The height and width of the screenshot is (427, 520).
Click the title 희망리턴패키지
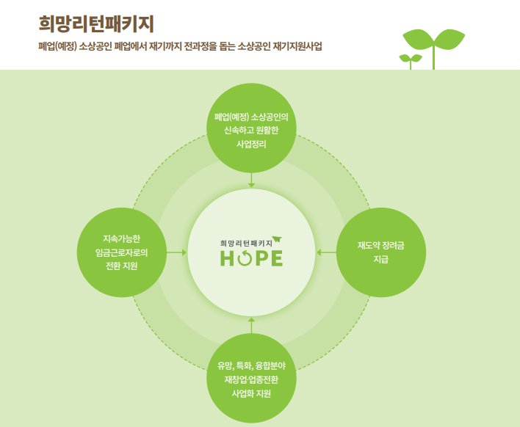point(95,23)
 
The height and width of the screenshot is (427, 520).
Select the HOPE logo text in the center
point(250,258)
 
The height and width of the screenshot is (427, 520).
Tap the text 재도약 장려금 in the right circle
point(380,245)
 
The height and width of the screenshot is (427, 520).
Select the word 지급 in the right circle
point(380,260)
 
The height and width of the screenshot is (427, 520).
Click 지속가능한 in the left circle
point(121,238)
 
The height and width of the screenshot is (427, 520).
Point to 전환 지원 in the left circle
point(121,266)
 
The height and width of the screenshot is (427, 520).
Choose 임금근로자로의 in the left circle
point(121,252)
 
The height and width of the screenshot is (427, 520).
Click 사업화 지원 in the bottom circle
point(251,393)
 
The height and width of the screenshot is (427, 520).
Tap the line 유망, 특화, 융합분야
point(251,365)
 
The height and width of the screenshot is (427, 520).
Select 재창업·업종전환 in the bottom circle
point(251,379)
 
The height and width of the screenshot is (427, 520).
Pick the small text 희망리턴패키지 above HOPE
point(245,242)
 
